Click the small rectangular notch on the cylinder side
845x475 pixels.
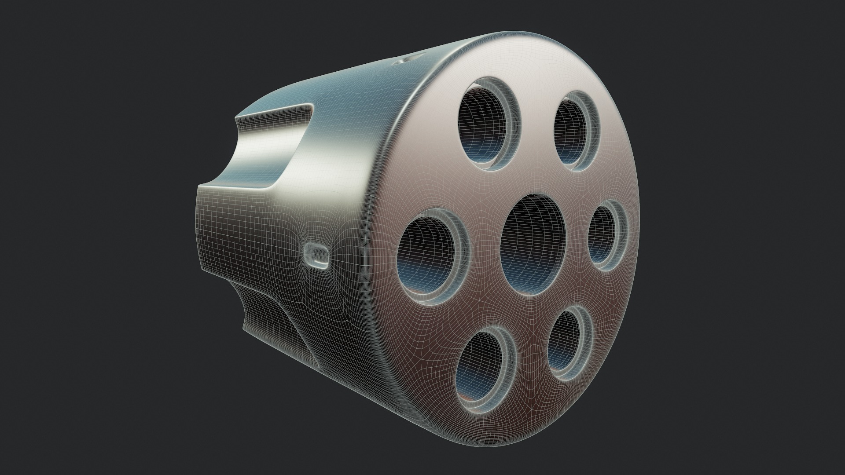[316, 255]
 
